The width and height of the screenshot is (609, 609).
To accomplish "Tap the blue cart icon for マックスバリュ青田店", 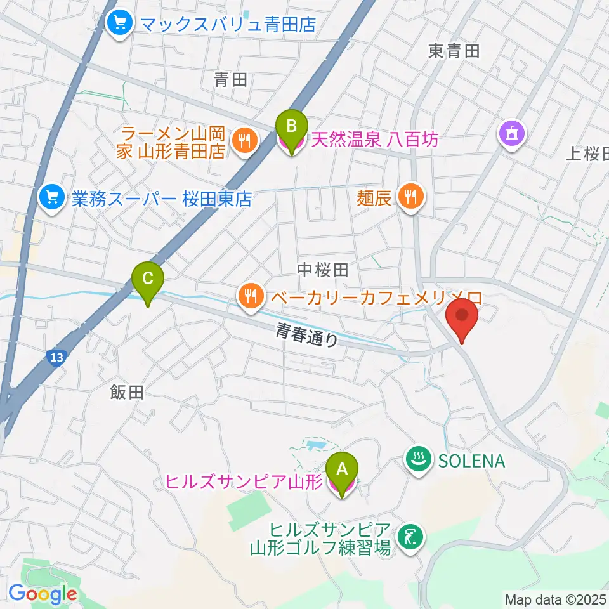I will click(119, 24).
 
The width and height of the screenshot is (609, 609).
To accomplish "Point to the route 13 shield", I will click(56, 358).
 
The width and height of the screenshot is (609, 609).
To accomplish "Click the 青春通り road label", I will click(307, 334).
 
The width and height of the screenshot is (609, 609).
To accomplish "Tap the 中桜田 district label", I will click(323, 270).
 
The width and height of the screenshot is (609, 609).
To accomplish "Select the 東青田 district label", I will click(454, 51).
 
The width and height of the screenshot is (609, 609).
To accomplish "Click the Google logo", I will click(43, 594).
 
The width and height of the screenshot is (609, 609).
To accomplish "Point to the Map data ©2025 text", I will click(556, 599).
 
